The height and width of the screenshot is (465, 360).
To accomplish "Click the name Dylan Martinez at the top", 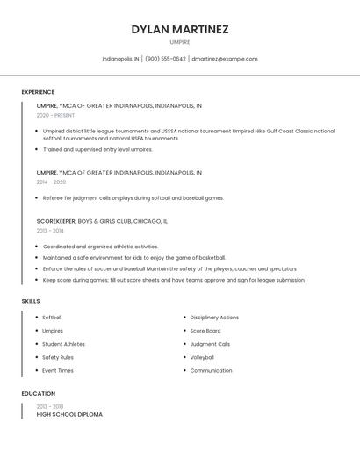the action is click(180, 29).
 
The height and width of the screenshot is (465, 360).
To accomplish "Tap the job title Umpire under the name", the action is click(180, 42).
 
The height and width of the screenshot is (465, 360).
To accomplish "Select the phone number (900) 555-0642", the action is click(165, 59).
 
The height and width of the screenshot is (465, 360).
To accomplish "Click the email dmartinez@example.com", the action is click(225, 59).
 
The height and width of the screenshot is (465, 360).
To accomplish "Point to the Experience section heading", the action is click(38, 92).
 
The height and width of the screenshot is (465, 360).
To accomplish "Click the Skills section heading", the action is click(31, 301).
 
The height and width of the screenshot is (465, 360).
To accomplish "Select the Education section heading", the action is click(39, 394).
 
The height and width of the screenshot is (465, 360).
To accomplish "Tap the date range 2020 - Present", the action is click(55, 115).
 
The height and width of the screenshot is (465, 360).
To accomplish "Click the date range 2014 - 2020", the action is click(51, 182).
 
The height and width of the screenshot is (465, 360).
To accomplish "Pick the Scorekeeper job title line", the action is click(102, 222).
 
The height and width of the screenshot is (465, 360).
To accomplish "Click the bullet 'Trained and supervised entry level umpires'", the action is click(97, 149).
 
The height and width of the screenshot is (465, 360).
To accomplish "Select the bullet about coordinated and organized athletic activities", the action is click(100, 247).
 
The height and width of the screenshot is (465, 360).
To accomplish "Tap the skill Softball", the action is click(52, 318).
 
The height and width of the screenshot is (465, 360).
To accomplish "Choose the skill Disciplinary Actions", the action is click(214, 318).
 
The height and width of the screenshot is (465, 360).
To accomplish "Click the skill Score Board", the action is click(205, 331).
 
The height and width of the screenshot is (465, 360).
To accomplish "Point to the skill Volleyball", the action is click(202, 357).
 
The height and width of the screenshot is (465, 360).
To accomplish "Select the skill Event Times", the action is click(57, 370).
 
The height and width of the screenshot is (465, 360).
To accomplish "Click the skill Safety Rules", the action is click(58, 357).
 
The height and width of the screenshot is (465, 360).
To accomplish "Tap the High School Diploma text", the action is click(69, 414).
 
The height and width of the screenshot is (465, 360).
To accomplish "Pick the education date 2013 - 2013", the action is click(50, 406).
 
